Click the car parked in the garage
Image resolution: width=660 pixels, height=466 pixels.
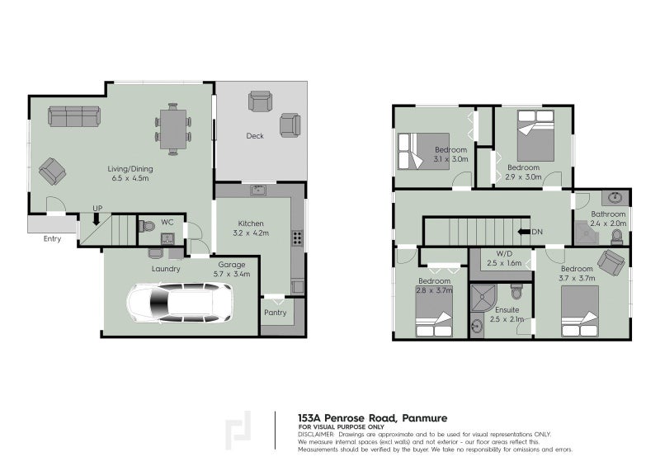tap(180, 303)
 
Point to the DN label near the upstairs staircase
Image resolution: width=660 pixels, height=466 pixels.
tap(536, 232)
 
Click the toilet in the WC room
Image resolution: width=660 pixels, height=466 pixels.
tap(148, 226)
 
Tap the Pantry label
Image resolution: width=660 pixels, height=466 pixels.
tap(275, 313)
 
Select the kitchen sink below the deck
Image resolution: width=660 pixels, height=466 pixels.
tap(258, 190)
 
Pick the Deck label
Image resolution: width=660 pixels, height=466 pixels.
tap(255, 136)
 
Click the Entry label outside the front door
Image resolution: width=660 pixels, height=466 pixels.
tap(53, 238)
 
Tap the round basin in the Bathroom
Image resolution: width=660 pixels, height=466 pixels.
tap(615, 198)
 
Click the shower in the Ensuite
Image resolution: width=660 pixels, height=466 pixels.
tap(482, 298)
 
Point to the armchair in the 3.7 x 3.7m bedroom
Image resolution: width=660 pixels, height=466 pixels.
tap(611, 264)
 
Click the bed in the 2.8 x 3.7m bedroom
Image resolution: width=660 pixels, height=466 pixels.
tap(433, 316)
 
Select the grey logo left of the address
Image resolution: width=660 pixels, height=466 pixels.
tap(239, 430)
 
